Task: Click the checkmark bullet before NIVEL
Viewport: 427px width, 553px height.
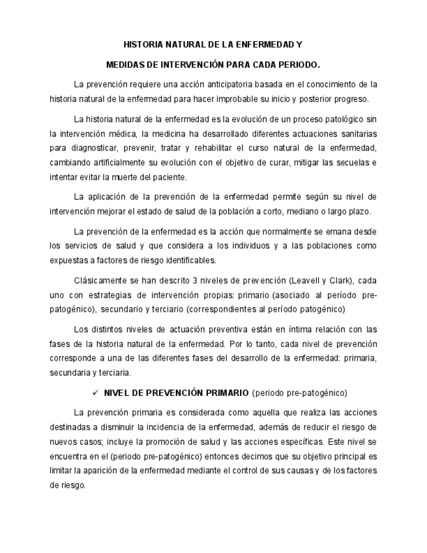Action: [95, 393]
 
